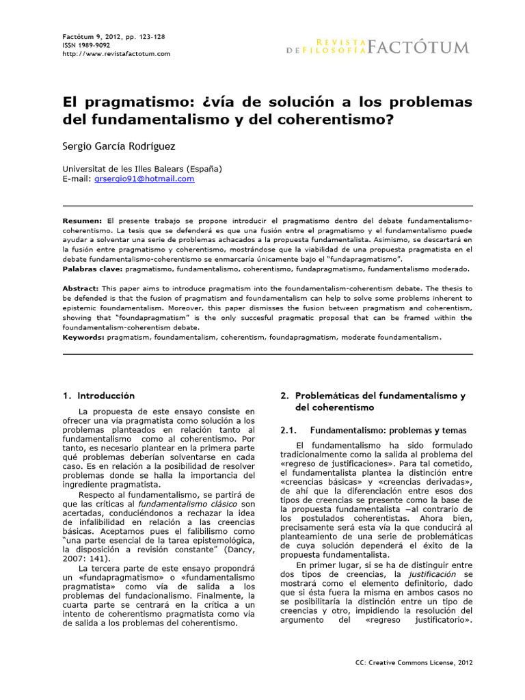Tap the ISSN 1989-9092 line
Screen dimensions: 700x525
point(77,44)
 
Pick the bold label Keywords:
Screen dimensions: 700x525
point(84,337)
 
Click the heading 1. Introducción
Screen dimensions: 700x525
point(98,396)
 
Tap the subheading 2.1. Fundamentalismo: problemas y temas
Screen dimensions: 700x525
point(374,431)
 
